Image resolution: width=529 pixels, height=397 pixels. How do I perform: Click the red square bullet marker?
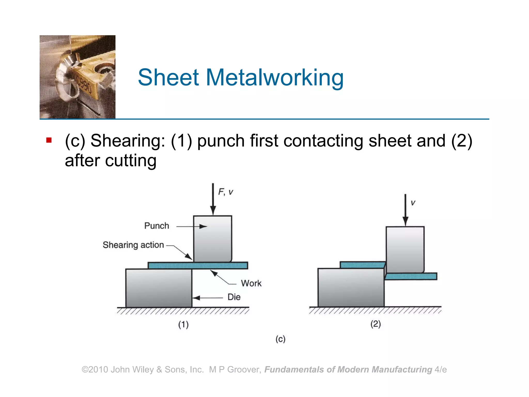pos(49,140)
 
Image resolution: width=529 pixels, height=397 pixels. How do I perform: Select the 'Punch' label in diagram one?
pos(157,226)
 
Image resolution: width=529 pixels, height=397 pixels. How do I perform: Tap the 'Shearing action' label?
pos(133,245)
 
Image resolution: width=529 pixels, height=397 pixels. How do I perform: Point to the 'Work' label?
pos(251,283)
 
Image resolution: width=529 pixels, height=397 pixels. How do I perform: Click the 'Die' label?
pos(234,297)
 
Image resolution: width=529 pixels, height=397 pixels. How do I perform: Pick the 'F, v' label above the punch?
pos(225,192)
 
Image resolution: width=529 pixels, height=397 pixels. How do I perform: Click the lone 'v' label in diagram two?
pos(413,203)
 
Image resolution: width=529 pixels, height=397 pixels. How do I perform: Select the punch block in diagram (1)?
pos(212,239)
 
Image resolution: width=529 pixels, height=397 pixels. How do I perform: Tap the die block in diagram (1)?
pos(159,288)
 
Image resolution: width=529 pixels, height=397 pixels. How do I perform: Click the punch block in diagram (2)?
pos(405,249)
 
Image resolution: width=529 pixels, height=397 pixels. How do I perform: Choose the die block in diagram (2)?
pos(351,287)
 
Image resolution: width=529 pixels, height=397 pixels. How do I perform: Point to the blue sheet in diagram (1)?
pos(198,265)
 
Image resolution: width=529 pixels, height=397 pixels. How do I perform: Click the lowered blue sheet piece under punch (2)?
pos(411,276)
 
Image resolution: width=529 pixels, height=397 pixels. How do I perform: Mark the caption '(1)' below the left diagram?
pos(183,324)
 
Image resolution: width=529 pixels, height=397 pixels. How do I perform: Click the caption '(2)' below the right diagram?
pos(376,324)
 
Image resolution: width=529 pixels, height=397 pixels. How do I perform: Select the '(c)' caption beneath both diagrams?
pos(280,339)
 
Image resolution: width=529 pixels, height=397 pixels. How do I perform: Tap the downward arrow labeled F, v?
pos(213,199)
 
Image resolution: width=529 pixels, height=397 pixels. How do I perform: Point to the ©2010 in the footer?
pos(95,370)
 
